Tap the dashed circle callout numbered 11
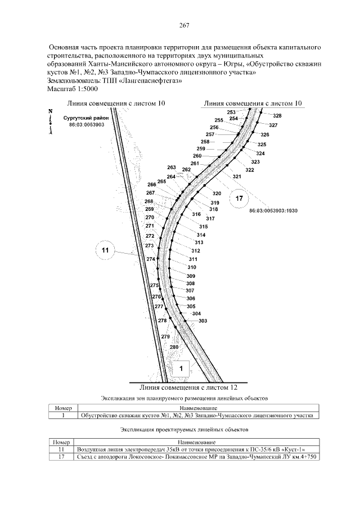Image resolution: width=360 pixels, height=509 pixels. pyautogui.click(x=106, y=250)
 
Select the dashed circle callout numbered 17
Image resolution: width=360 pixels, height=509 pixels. pyautogui.click(x=239, y=199)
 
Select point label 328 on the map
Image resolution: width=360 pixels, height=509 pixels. pyautogui.click(x=277, y=116)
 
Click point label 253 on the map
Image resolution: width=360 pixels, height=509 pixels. pyautogui.click(x=231, y=112)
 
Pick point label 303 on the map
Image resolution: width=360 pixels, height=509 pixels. pyautogui.click(x=203, y=321)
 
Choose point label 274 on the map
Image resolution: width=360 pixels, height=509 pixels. pyautogui.click(x=150, y=259)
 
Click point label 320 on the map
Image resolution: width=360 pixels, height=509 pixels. pyautogui.click(x=217, y=193)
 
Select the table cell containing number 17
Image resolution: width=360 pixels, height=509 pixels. pyautogui.click(x=63, y=456)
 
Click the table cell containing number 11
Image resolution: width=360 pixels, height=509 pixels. pyautogui.click(x=63, y=450)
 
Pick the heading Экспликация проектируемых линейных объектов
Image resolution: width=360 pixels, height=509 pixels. pyautogui.click(x=184, y=429)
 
